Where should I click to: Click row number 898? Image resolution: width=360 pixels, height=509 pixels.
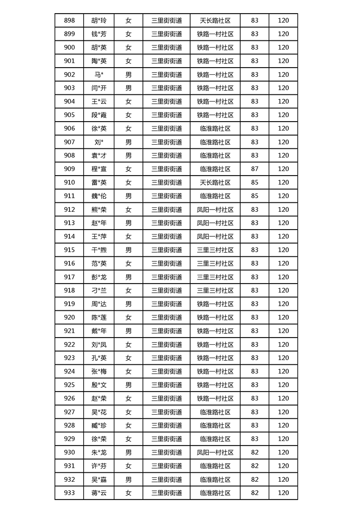point(69,20)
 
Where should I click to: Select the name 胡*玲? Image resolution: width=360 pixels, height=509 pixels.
point(99,20)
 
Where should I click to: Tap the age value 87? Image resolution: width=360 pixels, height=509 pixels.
point(254,169)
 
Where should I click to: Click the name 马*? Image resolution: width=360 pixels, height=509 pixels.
point(99,74)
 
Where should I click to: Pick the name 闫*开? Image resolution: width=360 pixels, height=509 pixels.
point(99,88)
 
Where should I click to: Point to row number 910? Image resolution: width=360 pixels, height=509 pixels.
point(69,182)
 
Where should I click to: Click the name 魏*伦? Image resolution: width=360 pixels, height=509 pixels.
point(99,196)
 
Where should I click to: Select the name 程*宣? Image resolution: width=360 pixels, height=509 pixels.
point(99,169)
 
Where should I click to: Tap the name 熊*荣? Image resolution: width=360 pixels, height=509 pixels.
point(99,210)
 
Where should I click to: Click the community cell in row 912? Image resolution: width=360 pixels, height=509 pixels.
point(215,210)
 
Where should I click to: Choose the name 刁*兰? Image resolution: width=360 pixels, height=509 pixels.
point(99,290)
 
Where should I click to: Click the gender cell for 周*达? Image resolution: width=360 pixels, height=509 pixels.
point(128,304)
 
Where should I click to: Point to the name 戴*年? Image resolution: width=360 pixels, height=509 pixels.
point(99,331)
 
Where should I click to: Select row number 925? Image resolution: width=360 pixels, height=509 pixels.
point(69,385)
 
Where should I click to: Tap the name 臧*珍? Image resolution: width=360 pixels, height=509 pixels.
point(99,426)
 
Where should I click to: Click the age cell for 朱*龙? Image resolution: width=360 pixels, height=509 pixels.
point(254,452)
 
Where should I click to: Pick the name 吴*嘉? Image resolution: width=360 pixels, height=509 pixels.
point(99,480)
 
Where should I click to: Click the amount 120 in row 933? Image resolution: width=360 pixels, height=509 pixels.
point(283,493)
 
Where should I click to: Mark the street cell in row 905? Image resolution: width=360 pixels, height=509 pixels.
point(167,115)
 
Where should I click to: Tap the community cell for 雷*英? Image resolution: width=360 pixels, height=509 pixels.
point(215,182)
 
